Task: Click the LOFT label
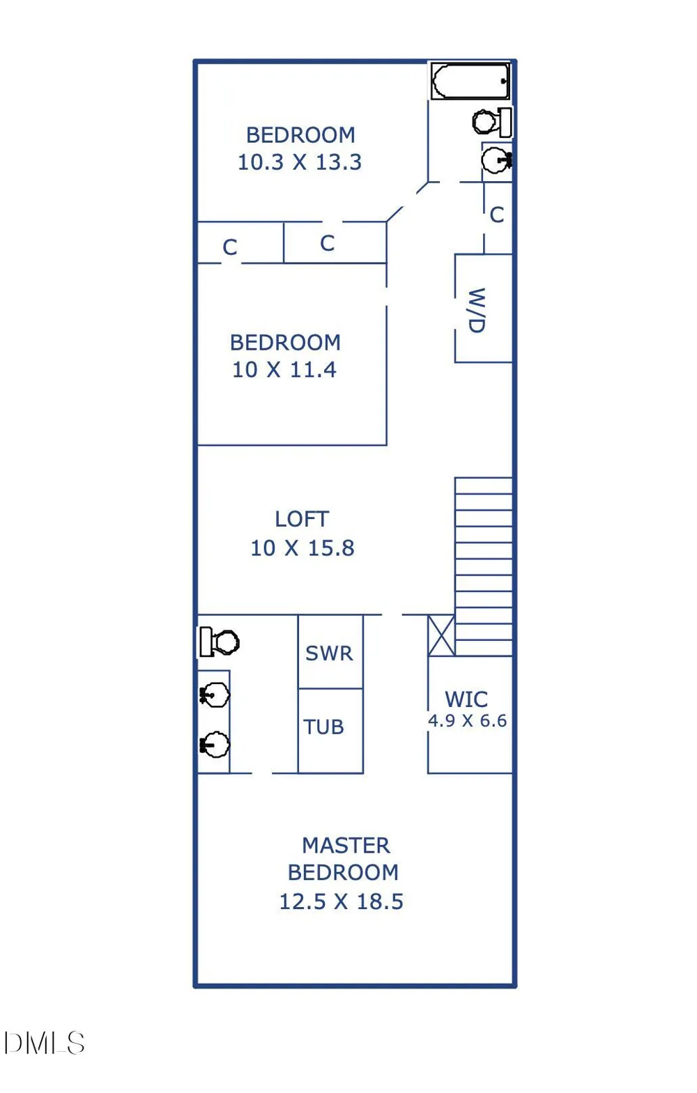tap(302, 519)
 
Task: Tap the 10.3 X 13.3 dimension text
tap(300, 162)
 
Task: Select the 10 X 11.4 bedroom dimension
tap(284, 370)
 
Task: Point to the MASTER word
tap(346, 846)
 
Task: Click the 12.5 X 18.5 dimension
tap(341, 901)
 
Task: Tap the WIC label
tap(466, 699)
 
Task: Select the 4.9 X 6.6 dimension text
tap(468, 721)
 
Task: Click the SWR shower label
tap(330, 653)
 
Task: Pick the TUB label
tap(323, 727)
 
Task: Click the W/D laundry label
tap(477, 310)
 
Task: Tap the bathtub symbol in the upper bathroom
tap(470, 81)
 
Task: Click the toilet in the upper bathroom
tap(492, 122)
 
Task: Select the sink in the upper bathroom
tap(496, 160)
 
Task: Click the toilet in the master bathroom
tap(219, 642)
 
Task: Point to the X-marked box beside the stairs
tap(441, 635)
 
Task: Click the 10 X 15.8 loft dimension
tap(302, 548)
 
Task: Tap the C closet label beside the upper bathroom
tap(497, 215)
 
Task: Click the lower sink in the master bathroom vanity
tap(214, 745)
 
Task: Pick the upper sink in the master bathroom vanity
tap(214, 695)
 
